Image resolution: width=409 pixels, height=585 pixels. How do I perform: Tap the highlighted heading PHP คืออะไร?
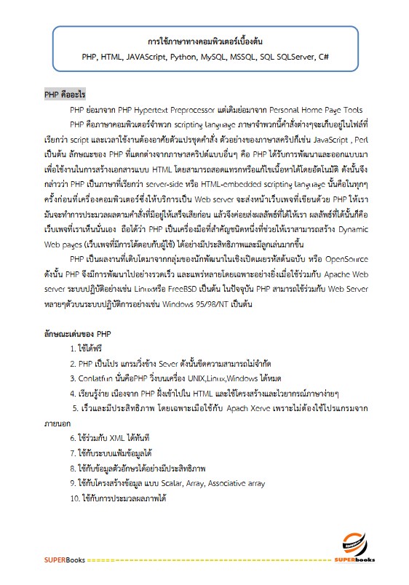tap(65, 95)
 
